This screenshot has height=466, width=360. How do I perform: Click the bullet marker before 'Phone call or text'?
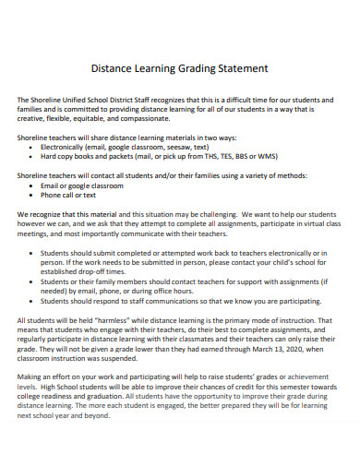(31, 194)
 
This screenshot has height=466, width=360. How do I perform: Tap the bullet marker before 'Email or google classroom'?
(31, 185)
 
